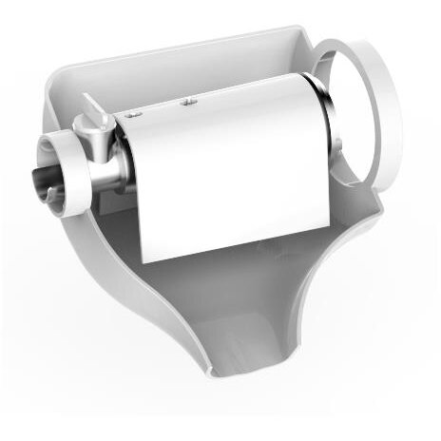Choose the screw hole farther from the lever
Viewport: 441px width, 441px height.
(189, 99)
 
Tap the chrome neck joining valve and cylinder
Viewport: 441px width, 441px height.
(120, 157)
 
